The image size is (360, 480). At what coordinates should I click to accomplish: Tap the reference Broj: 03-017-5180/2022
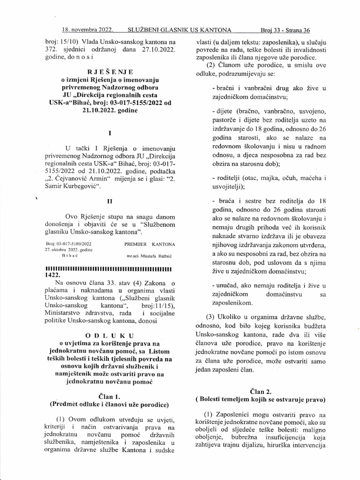pos(68,244)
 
